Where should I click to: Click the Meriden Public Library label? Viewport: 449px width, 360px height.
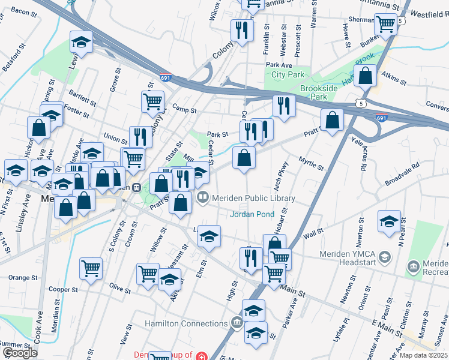[254, 198]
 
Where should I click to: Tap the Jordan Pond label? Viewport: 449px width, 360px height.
[253, 214]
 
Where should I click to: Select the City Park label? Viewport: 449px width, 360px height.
[288, 75]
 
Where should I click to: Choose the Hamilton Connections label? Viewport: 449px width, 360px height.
[186, 324]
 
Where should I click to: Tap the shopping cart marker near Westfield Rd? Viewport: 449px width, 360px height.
[386, 23]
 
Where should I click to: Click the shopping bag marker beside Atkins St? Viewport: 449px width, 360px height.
[365, 76]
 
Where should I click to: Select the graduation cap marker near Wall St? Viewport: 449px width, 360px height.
[389, 221]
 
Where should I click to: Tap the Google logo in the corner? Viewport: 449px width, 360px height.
[20, 353]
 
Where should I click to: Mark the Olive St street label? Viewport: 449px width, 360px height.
[120, 289]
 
